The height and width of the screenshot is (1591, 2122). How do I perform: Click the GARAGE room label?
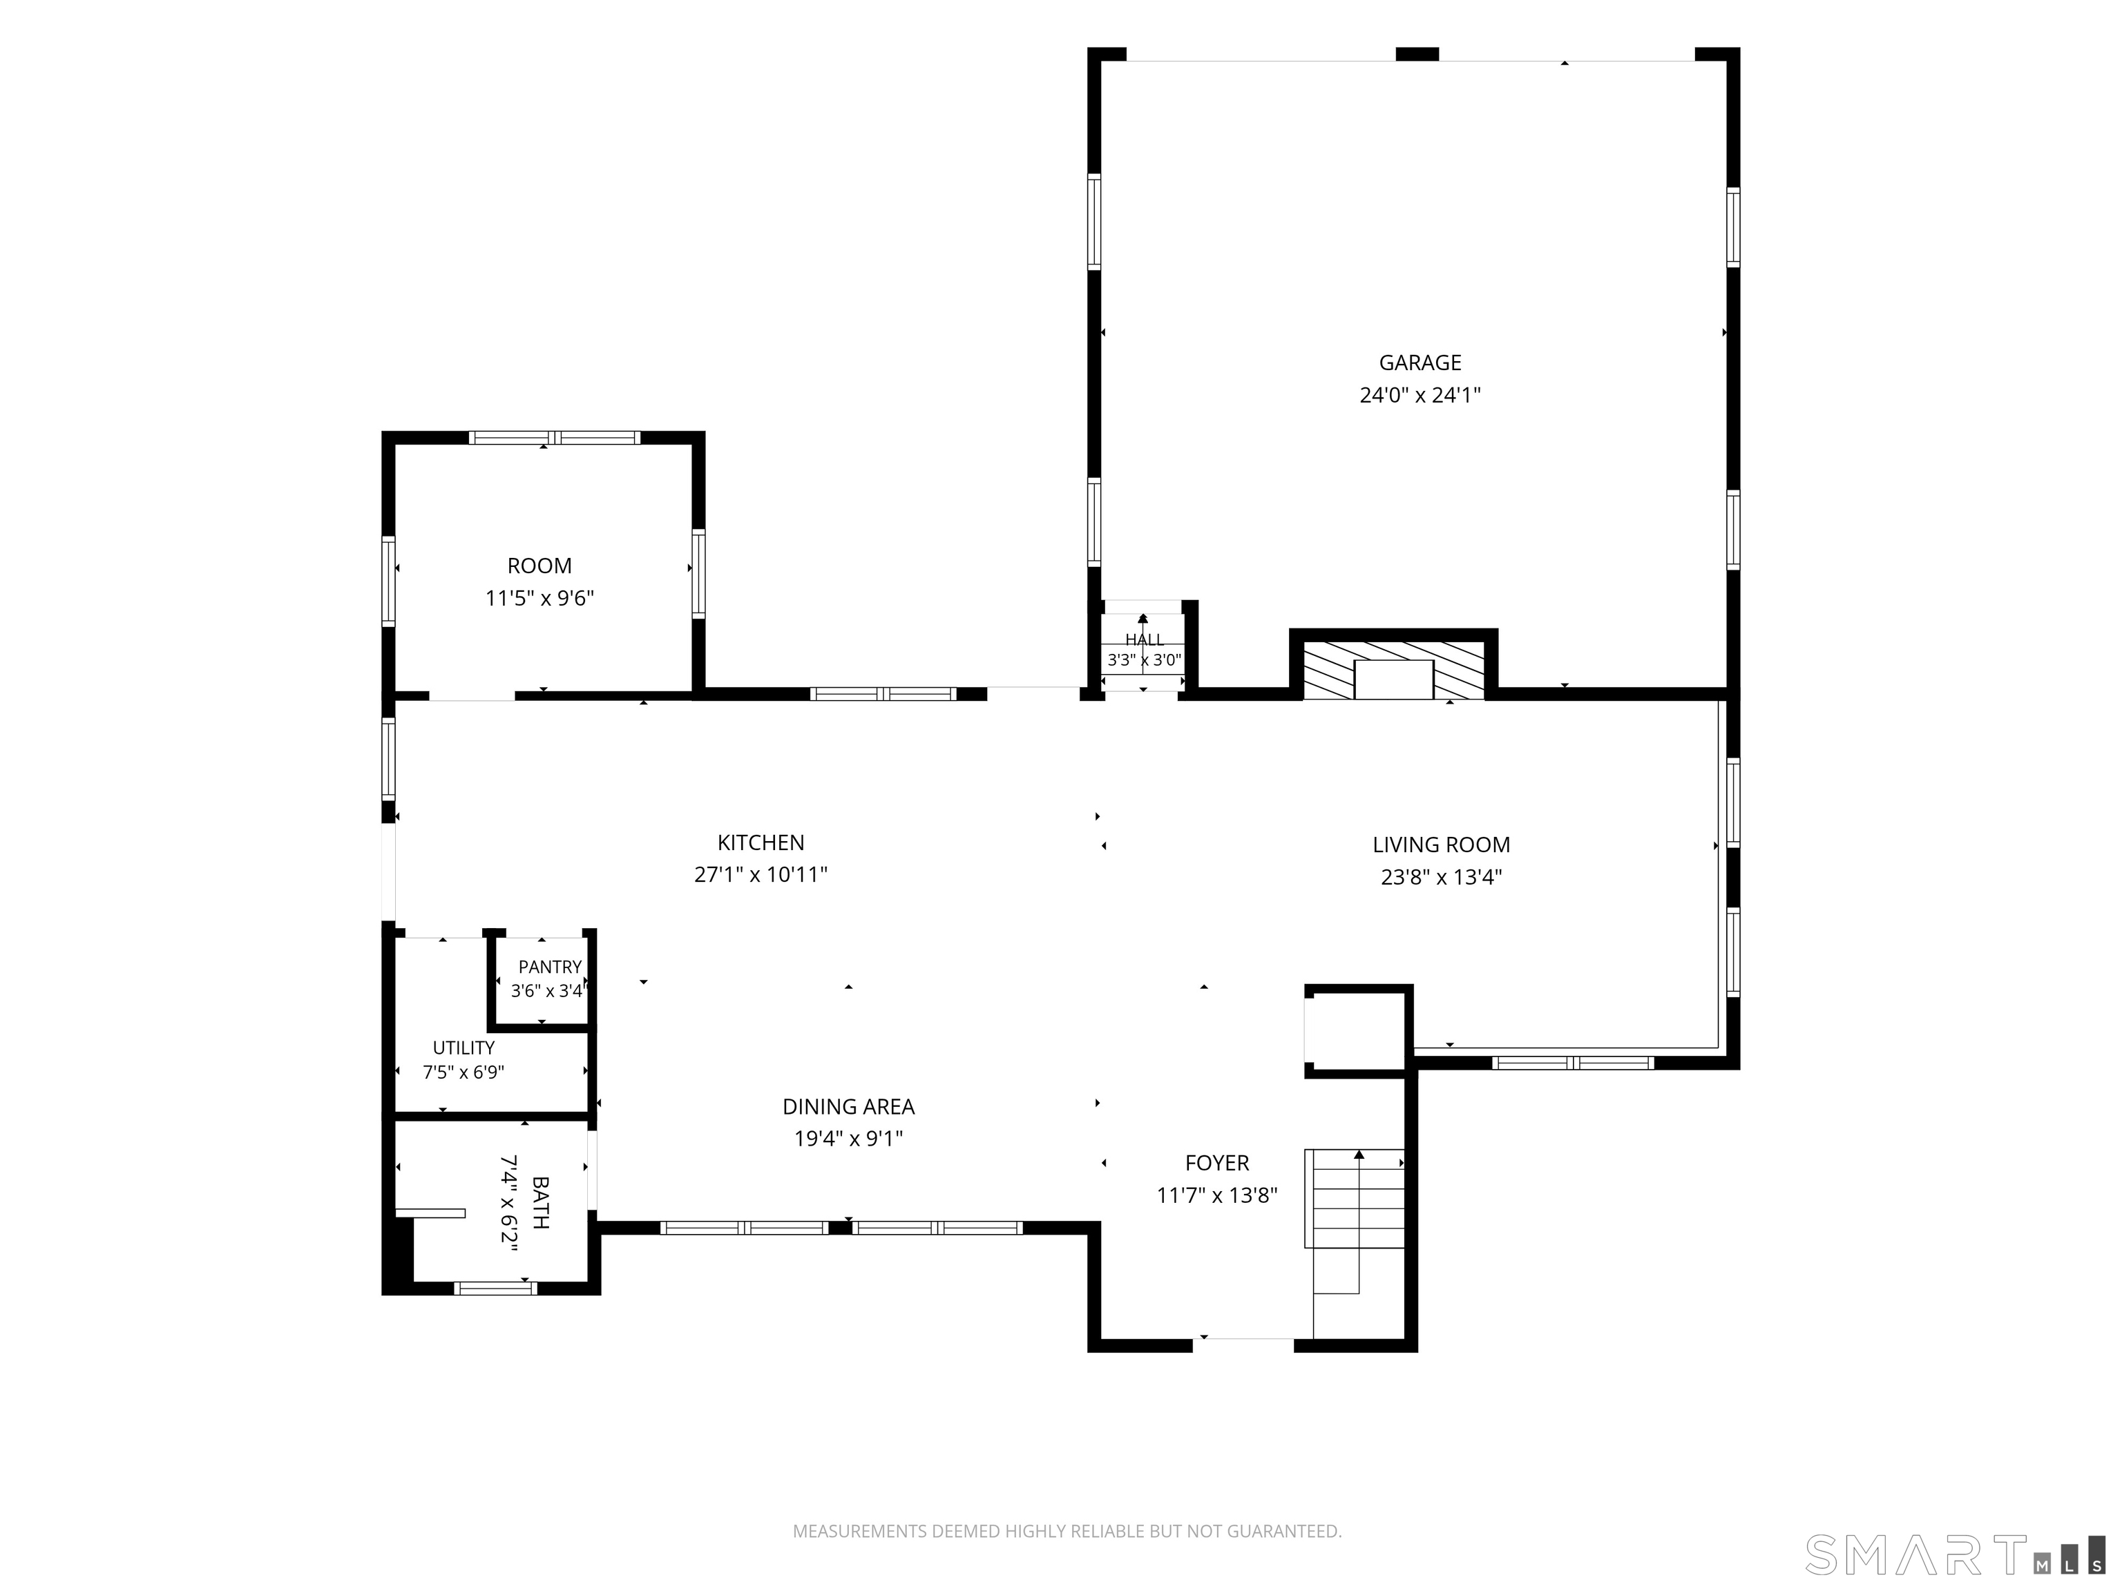1420,363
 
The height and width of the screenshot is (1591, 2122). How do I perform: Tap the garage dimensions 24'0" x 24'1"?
1420,395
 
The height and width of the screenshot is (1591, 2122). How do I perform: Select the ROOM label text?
539,566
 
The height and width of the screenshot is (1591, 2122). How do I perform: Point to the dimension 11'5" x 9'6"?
539,599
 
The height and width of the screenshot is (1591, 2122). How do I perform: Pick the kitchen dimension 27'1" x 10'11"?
761,875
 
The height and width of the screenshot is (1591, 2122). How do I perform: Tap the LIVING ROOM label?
1441,845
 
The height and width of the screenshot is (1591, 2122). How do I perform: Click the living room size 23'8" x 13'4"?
1441,876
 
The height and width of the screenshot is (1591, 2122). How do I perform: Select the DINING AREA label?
848,1107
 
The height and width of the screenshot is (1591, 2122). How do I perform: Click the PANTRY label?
550,967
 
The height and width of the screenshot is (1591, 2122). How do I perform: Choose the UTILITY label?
463,1048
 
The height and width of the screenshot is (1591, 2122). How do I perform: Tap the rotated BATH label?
540,1203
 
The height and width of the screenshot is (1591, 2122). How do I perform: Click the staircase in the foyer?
1354,1221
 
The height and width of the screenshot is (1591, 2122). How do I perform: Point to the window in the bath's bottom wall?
495,1288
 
